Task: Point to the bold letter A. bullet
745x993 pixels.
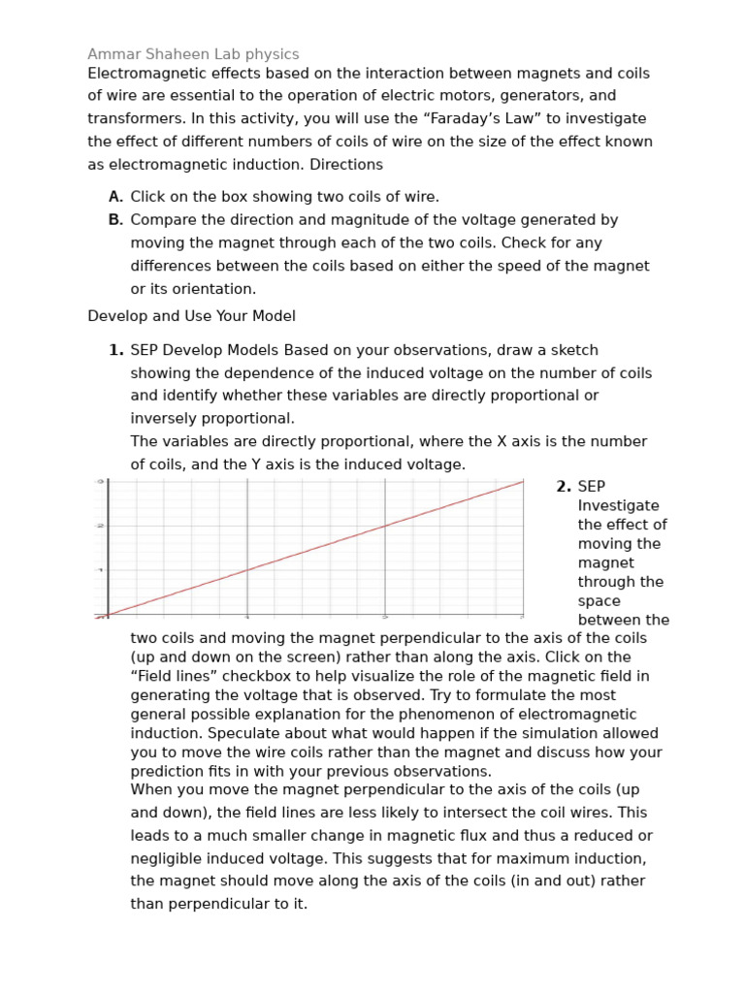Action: (115, 197)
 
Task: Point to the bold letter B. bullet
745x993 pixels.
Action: (115, 220)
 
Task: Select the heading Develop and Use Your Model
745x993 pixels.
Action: (191, 316)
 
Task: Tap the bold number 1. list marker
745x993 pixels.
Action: (115, 350)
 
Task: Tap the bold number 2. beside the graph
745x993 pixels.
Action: (563, 487)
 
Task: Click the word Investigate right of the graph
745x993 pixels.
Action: (618, 505)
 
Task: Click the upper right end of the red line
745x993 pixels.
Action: (522, 482)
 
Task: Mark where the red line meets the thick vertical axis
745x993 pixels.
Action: (108, 615)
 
